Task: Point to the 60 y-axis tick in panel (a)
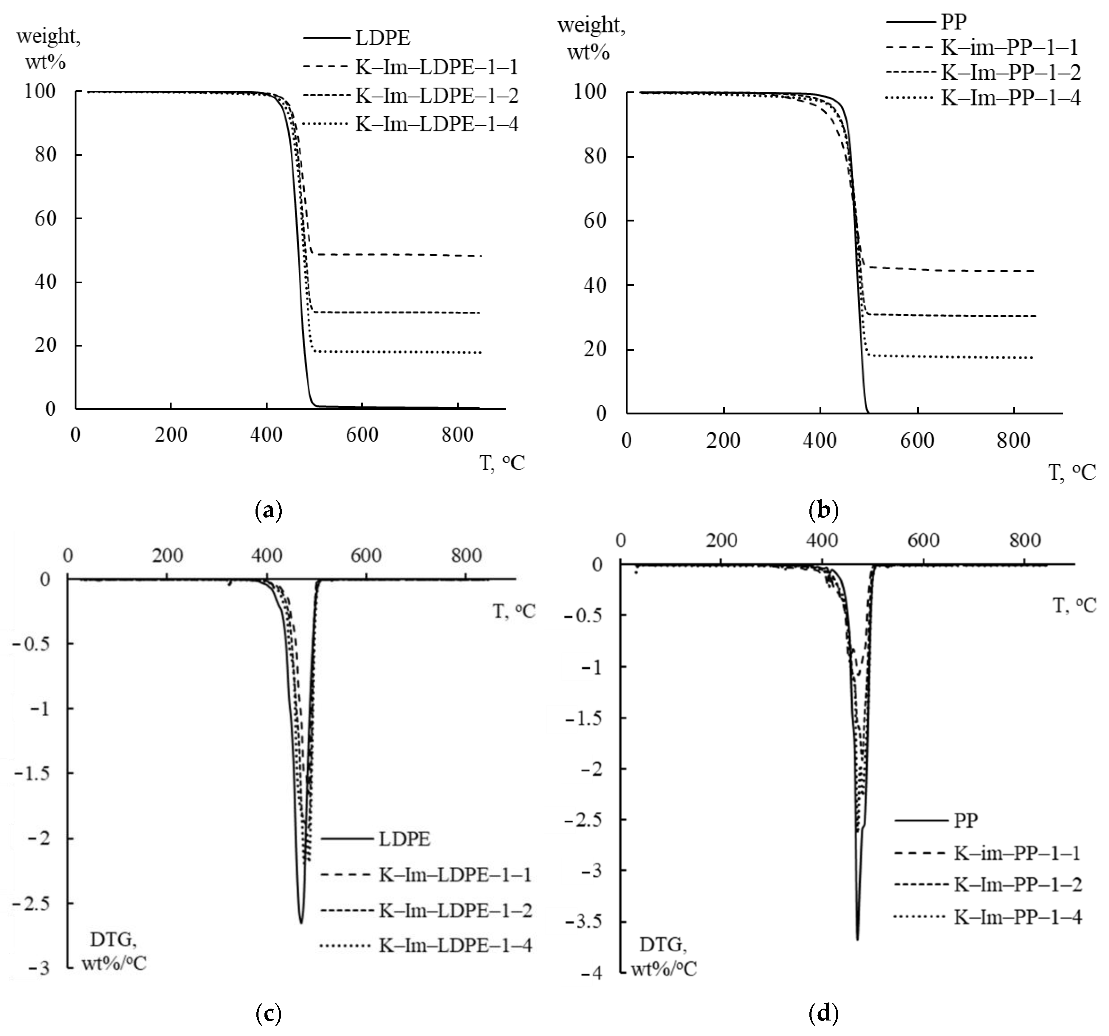click(46, 218)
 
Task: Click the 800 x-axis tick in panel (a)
click(457, 434)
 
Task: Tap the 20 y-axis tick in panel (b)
click(595, 350)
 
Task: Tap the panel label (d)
click(823, 1012)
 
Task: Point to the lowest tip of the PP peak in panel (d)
click(857, 939)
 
